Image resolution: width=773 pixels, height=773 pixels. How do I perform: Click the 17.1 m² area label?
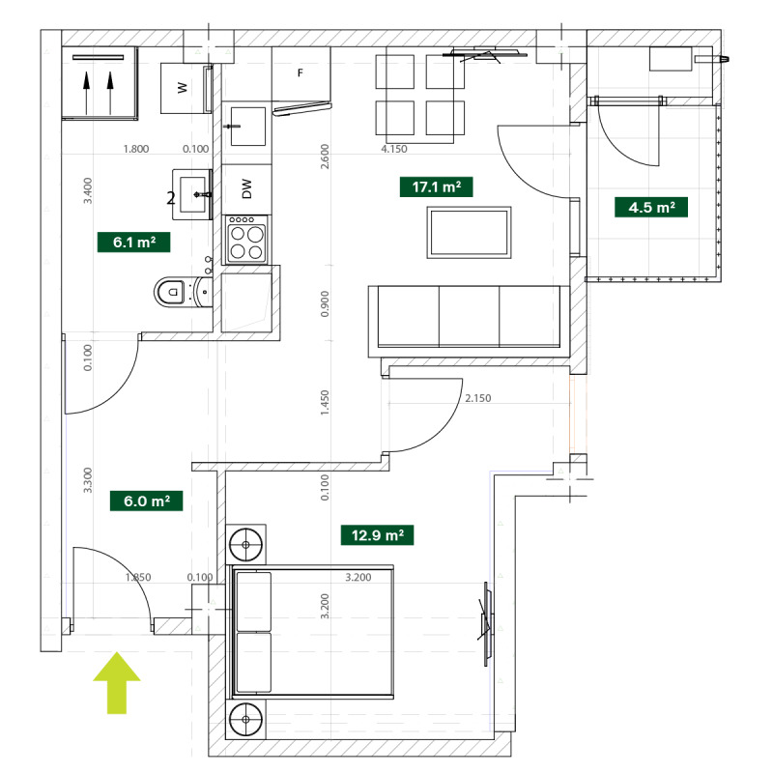point(437,186)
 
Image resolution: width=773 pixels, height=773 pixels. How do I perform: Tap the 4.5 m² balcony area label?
point(651,207)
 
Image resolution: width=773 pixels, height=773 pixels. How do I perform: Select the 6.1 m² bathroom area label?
point(133,243)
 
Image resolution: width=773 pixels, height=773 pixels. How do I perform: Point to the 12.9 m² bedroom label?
point(377,535)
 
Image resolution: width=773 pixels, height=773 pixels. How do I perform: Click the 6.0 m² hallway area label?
point(147,501)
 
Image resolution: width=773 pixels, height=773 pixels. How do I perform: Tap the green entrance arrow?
point(117,683)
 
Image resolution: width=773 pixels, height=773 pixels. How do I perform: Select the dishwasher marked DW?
point(246,189)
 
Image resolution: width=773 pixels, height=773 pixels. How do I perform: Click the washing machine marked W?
point(184,88)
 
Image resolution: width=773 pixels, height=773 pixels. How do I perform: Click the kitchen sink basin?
point(248,127)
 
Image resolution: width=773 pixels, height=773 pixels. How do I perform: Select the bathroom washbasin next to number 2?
point(192,195)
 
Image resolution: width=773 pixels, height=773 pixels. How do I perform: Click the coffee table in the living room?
point(469,233)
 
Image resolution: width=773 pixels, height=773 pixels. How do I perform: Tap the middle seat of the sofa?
point(469,316)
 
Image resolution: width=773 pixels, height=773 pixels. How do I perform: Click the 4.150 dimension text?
point(394,149)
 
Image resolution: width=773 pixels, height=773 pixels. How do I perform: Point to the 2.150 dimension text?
point(477,398)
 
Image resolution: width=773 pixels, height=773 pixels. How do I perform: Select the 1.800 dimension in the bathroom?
point(136,149)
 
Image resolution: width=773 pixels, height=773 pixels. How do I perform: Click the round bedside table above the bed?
point(245,544)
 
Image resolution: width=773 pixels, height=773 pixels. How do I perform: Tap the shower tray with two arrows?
point(100,83)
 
